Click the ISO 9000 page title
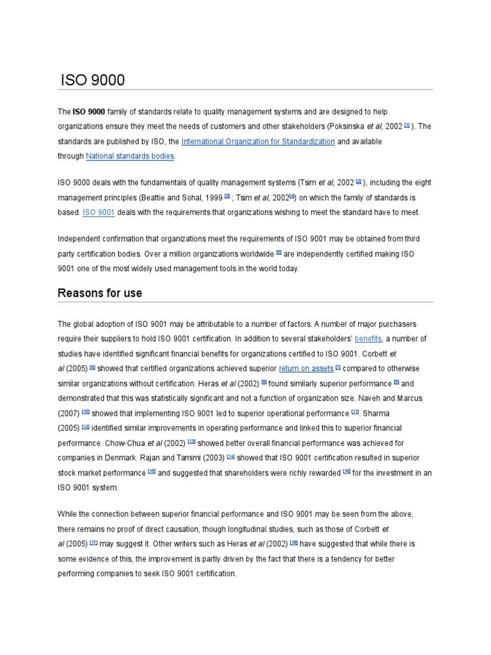93,81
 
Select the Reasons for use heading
100,293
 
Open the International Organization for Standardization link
258,141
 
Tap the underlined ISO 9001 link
98,212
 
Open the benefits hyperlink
368,339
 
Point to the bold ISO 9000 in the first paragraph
89,112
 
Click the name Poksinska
345,127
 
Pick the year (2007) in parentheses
68,413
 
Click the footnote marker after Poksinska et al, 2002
407,125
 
